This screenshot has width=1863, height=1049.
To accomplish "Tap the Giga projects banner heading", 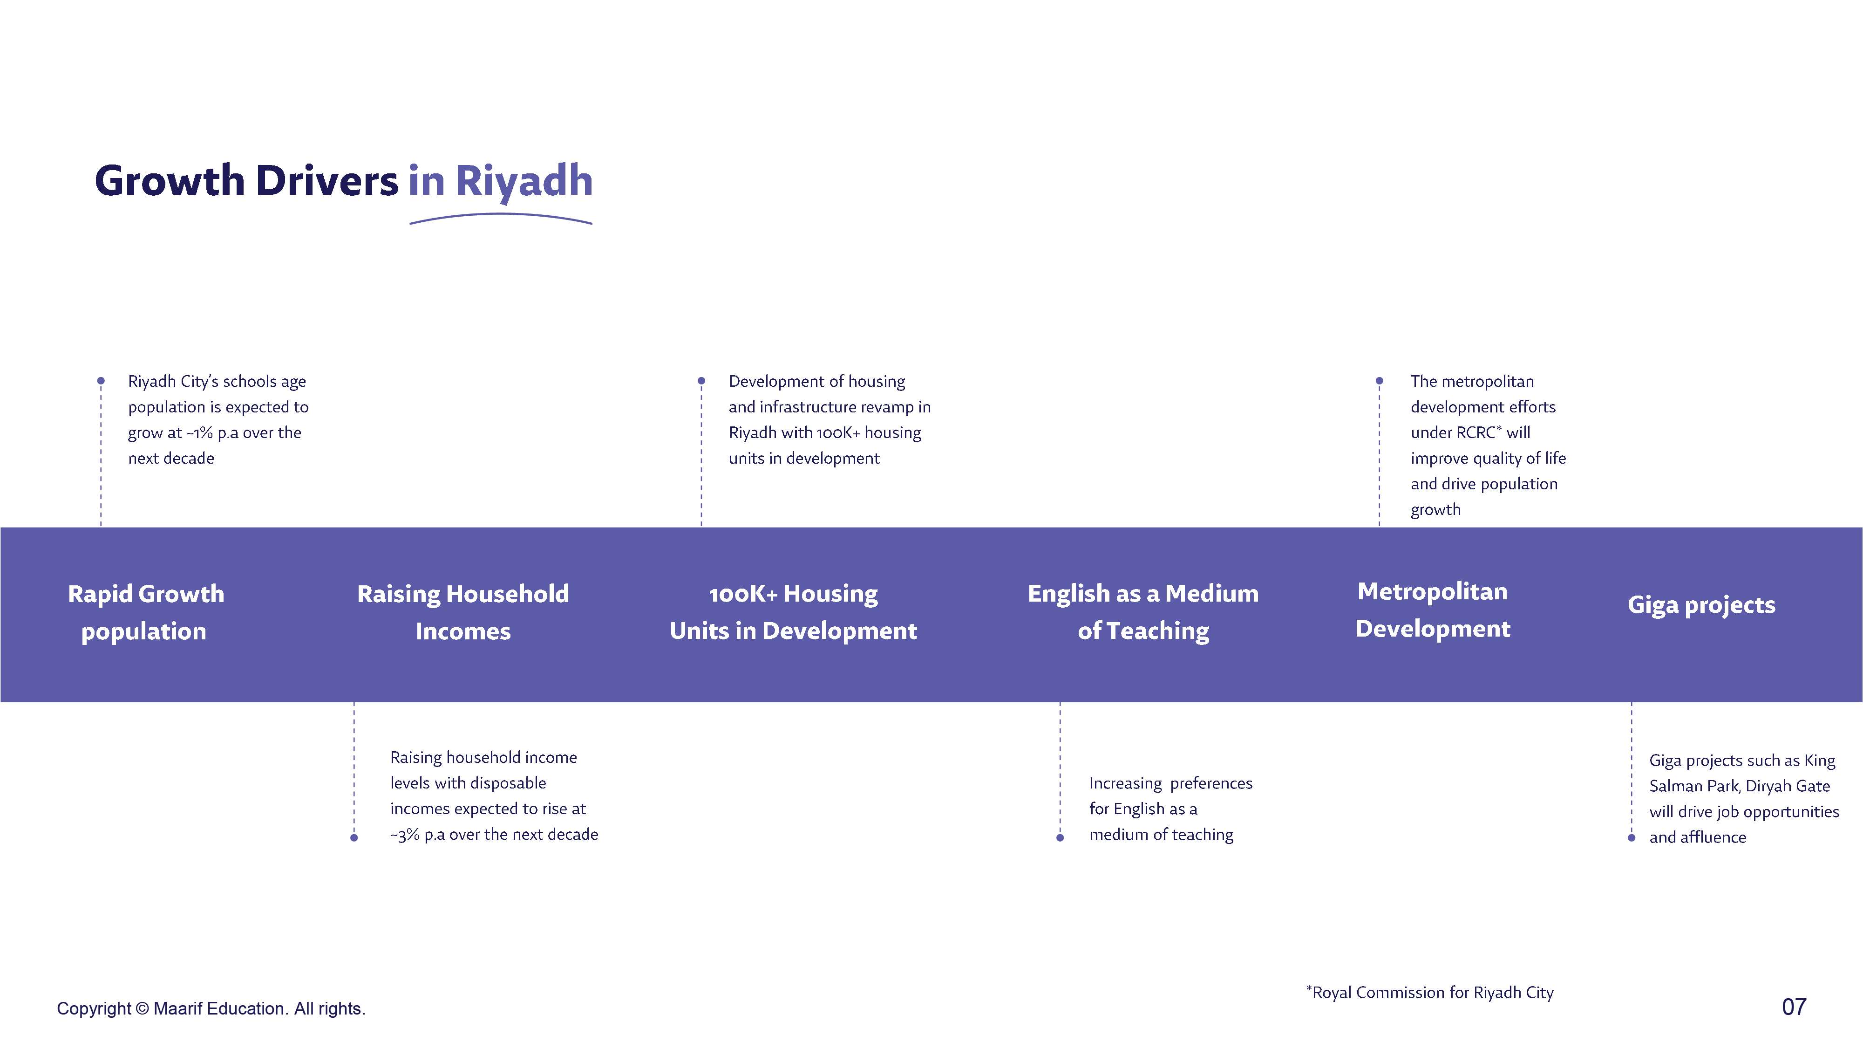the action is click(x=1701, y=605).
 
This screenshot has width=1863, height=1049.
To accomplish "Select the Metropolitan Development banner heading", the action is click(x=1433, y=610).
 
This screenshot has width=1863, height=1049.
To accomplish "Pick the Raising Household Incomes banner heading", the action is click(x=463, y=612).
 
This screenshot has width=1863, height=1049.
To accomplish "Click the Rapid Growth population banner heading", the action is click(x=145, y=612).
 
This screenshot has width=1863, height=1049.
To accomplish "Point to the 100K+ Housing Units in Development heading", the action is click(x=793, y=612).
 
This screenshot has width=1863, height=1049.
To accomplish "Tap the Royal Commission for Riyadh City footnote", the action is click(x=1430, y=993).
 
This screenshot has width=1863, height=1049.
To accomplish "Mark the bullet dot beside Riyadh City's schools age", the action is click(x=101, y=381).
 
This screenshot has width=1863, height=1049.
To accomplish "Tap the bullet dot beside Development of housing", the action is click(x=701, y=381).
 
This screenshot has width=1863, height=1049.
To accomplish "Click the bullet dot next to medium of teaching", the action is click(x=1060, y=838).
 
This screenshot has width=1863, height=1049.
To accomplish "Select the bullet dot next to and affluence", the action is click(x=1632, y=838).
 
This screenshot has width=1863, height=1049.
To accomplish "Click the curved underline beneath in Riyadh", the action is click(x=501, y=215).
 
